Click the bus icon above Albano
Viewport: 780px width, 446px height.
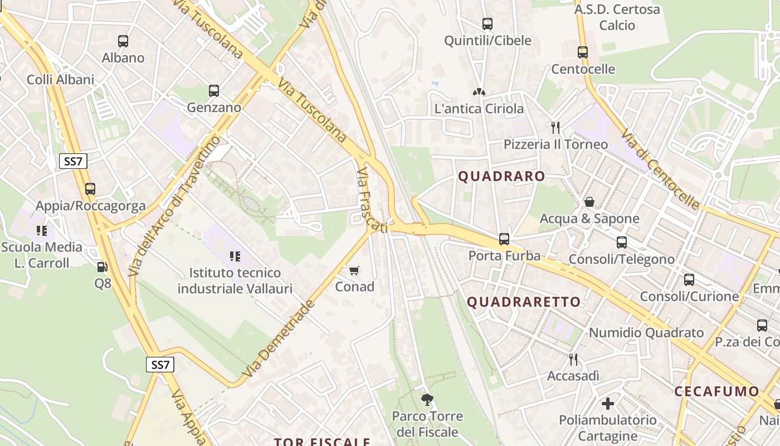click(123, 41)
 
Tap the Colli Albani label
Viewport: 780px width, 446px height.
click(61, 79)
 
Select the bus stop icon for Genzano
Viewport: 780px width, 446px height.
click(214, 90)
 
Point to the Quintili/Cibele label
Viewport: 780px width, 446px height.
click(487, 40)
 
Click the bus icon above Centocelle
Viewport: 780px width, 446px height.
click(583, 52)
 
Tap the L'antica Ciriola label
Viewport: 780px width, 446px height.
click(479, 108)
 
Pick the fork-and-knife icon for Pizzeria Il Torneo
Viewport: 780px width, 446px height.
click(555, 128)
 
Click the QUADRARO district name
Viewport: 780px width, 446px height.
click(501, 176)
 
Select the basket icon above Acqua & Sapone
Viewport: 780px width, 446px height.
click(589, 202)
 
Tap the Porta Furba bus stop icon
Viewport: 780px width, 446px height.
click(504, 239)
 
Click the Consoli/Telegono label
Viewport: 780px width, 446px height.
click(621, 259)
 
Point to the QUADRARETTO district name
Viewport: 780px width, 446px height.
click(524, 302)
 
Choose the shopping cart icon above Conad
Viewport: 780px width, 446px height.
click(354, 271)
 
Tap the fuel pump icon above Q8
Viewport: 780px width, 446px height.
click(102, 267)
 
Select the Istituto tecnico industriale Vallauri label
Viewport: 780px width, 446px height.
click(235, 280)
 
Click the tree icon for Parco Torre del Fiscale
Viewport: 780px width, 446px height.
click(427, 399)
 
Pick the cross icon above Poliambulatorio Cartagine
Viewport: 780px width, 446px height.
click(608, 403)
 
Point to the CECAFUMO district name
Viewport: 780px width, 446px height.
click(716, 391)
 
